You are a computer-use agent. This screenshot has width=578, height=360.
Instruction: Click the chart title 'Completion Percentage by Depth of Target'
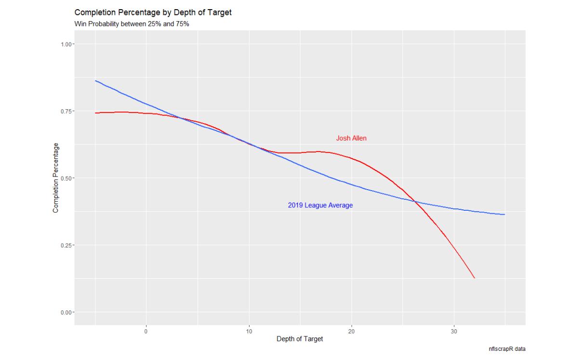(153, 12)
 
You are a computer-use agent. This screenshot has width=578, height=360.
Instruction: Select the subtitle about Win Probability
(131, 24)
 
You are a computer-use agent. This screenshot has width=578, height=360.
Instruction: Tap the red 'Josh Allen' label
(351, 138)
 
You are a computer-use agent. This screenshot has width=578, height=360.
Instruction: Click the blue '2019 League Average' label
(320, 205)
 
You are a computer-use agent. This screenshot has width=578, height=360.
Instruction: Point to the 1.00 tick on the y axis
(67, 44)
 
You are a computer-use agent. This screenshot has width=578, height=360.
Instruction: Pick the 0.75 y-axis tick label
(67, 111)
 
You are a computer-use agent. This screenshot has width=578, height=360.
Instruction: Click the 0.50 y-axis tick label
(67, 178)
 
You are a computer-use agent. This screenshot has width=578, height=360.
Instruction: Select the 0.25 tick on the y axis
(67, 245)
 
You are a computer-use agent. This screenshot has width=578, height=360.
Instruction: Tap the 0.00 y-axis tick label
(67, 312)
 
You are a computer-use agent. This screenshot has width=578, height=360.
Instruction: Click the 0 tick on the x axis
(146, 331)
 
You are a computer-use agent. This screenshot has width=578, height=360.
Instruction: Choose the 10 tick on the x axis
(249, 331)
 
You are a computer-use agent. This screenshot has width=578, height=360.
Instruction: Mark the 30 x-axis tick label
(454, 331)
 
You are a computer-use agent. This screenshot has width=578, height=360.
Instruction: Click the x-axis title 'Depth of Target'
(300, 339)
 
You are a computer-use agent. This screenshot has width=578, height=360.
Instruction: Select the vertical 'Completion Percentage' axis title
(55, 178)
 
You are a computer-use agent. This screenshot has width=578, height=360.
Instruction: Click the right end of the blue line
(505, 215)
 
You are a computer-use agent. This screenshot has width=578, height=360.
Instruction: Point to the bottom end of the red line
(474, 278)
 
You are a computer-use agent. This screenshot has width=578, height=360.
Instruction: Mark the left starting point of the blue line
(95, 81)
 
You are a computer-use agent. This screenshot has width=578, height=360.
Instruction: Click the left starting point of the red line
(95, 113)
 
